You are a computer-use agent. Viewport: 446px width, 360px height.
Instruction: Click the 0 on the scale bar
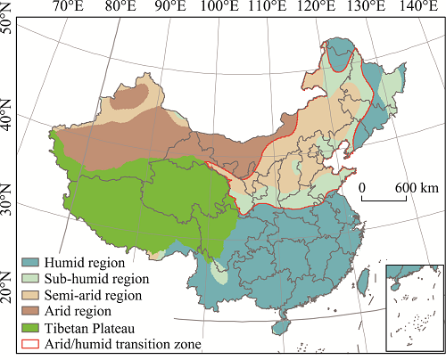point(364,188)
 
